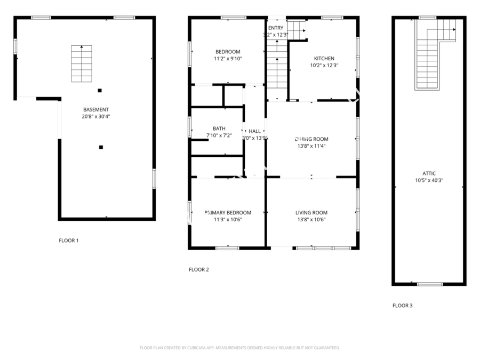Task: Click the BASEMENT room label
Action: [96, 109]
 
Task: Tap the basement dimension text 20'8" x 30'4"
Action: [96, 116]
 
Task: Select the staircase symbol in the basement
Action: [82, 63]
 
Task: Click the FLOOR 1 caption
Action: [69, 241]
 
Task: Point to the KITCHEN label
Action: [324, 59]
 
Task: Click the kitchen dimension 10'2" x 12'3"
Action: [324, 66]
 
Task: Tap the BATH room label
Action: [219, 129]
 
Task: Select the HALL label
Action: [254, 131]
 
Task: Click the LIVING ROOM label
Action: [311, 213]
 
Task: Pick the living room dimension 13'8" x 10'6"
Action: [311, 220]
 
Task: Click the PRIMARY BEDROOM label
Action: [228, 213]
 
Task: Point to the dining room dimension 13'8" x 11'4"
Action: [311, 146]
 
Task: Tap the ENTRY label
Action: [276, 28]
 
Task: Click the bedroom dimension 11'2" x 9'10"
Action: [228, 59]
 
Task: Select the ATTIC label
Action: [429, 173]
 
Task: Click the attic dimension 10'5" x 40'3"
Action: [429, 180]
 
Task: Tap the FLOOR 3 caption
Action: [403, 306]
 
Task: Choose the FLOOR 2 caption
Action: [199, 269]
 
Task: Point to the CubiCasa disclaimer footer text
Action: [239, 348]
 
